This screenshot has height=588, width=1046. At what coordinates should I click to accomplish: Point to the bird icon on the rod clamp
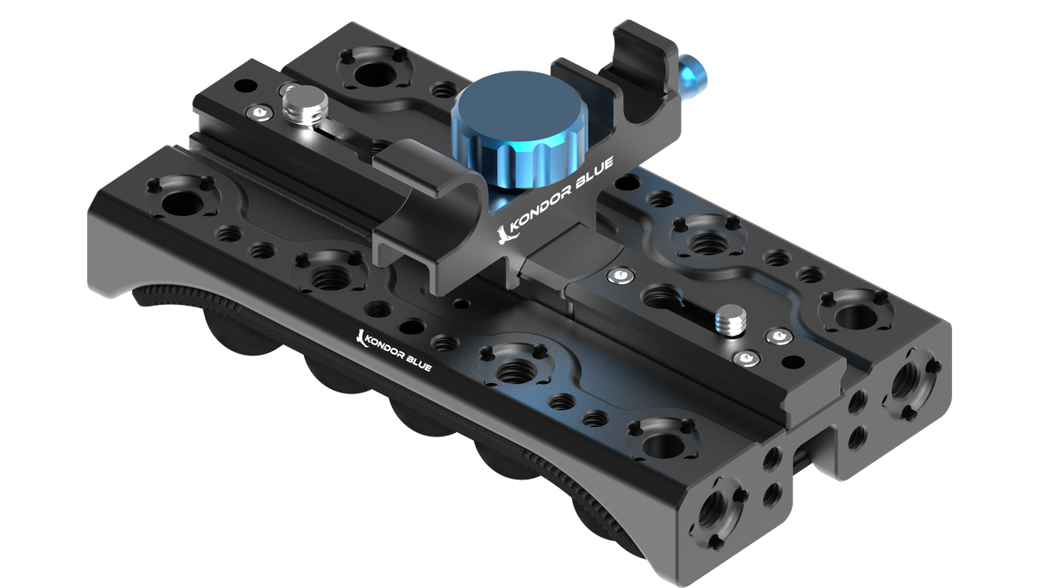pyautogui.click(x=505, y=233)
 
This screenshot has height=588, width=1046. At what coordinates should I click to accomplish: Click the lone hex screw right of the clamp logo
pyautogui.click(x=617, y=275)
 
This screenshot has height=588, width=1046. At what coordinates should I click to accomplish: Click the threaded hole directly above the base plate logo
pyautogui.click(x=328, y=276)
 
